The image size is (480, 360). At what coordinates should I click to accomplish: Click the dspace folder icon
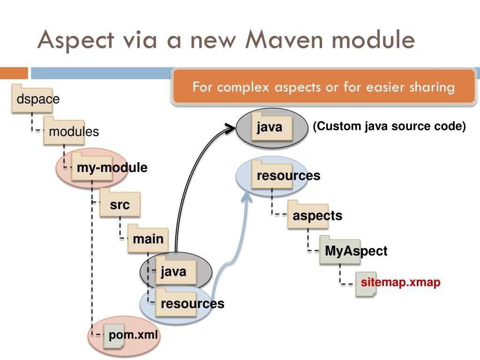pyautogui.click(x=32, y=98)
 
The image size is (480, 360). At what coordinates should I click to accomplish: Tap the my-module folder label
pyautogui.click(x=112, y=167)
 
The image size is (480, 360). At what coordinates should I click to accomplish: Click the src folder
pyautogui.click(x=120, y=203)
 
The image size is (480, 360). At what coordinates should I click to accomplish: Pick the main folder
pyautogui.click(x=148, y=239)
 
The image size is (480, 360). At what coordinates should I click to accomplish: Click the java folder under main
pyautogui.click(x=176, y=270)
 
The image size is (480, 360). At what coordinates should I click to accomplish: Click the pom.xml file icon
pyautogui.click(x=114, y=336)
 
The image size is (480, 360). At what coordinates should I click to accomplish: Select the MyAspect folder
pyautogui.click(x=340, y=250)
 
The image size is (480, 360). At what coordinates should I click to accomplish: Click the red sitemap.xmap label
pyautogui.click(x=400, y=282)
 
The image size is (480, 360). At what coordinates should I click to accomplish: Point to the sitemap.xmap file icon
pyautogui.click(x=366, y=284)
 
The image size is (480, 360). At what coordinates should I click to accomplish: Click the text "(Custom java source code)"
pyautogui.click(x=389, y=126)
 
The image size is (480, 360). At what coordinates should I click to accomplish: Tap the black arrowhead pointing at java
pyautogui.click(x=231, y=128)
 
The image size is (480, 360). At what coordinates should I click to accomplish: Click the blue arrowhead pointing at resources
pyautogui.click(x=247, y=196)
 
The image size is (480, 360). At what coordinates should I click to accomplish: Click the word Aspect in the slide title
pyautogui.click(x=76, y=40)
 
